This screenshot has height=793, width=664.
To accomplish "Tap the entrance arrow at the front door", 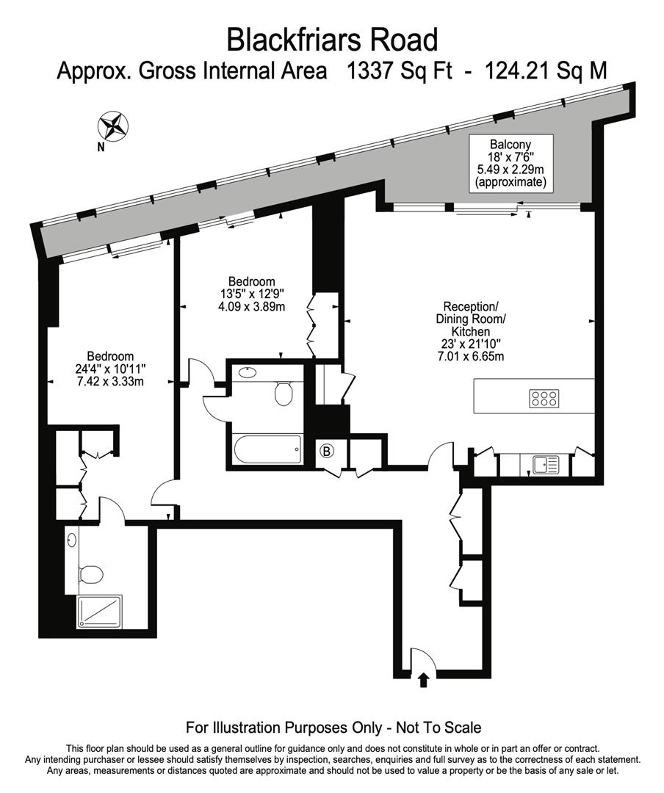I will [x=423, y=680].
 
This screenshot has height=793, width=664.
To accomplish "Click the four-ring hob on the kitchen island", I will [x=544, y=399].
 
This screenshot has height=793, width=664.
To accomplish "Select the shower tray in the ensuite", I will [x=98, y=612].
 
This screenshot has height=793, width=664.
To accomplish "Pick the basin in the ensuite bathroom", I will [x=71, y=541].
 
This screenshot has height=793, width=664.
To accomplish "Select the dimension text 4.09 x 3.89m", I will [x=251, y=307].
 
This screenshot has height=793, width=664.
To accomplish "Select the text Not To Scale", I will [x=439, y=728].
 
